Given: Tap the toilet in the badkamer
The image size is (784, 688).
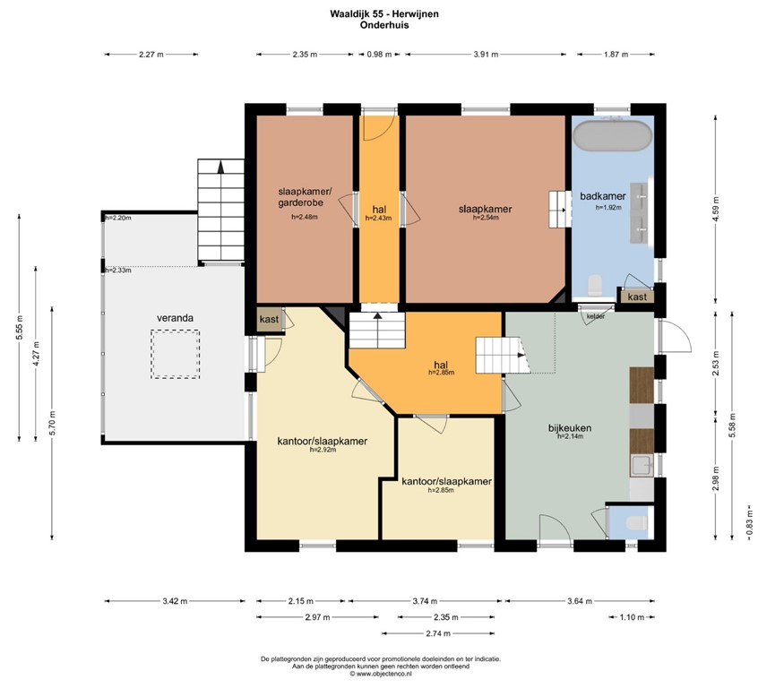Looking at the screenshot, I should point(592,285).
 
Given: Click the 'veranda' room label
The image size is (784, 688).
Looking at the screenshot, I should point(176,317).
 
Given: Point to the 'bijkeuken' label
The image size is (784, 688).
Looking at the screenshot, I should point(570,427).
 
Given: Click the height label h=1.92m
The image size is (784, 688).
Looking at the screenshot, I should point(608,207).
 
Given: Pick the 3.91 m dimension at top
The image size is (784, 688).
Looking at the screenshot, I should point(486,55).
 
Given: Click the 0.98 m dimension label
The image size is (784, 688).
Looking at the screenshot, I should point(381,55).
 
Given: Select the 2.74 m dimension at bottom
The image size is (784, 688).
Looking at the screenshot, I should point(437,632).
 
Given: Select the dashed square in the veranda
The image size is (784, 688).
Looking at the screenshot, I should point(175,354).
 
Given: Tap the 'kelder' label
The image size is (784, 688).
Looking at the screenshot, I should point(595,317).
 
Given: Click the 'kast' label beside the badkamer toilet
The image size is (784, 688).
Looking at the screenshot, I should point(637,297).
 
